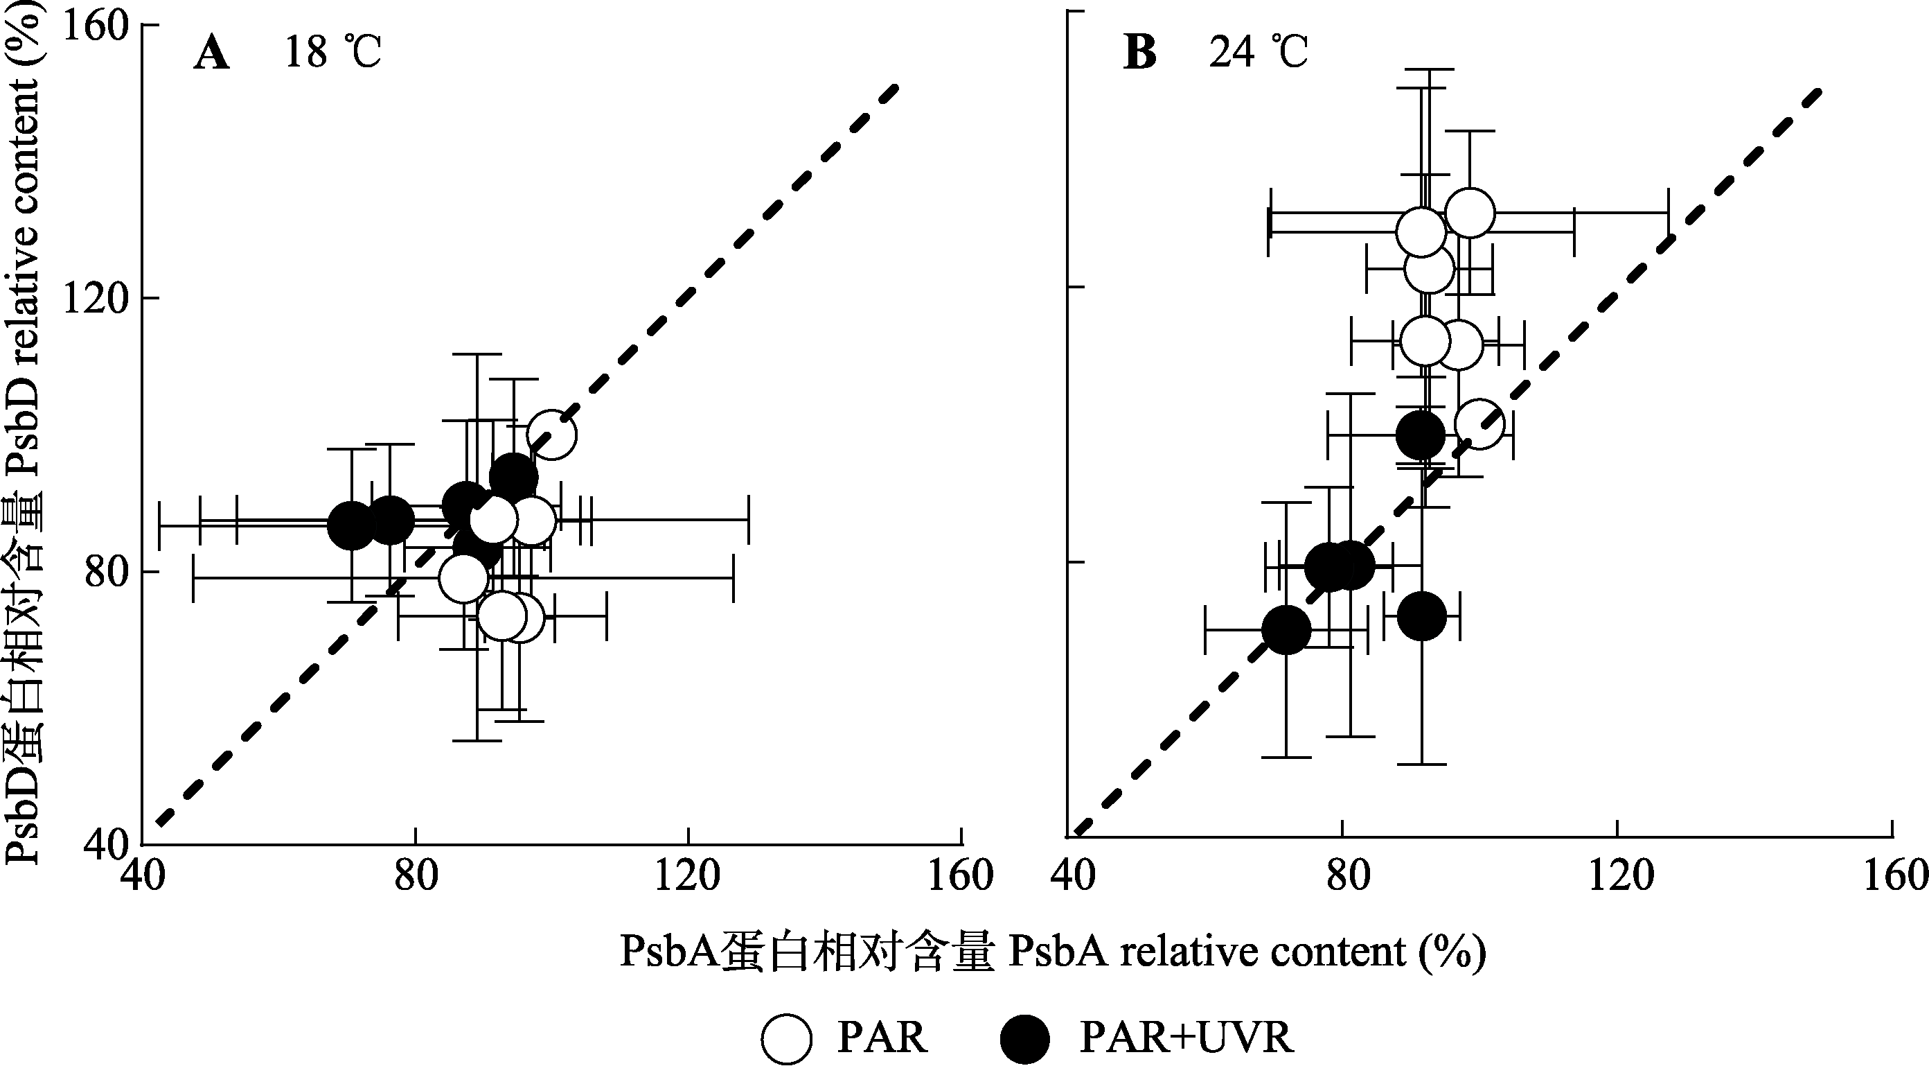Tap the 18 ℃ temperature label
pyautogui.click(x=332, y=53)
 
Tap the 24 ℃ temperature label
pyautogui.click(x=1259, y=53)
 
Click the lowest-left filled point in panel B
pyautogui.click(x=1286, y=630)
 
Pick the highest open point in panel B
pyautogui.click(x=1470, y=213)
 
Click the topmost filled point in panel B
pyautogui.click(x=1421, y=435)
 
